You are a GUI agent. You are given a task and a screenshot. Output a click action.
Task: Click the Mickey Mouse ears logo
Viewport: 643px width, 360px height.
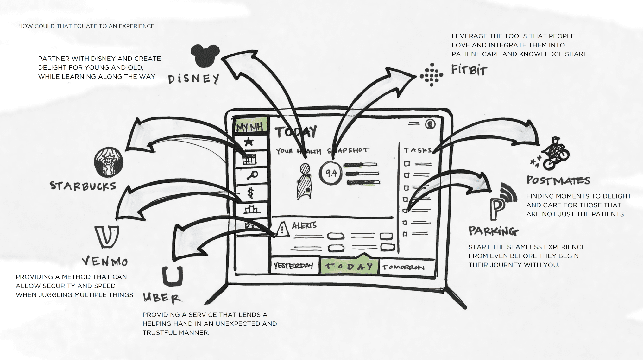205,55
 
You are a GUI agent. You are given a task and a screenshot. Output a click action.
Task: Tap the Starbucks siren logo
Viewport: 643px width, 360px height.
109,162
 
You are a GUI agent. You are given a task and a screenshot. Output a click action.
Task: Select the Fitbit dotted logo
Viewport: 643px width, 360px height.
431,75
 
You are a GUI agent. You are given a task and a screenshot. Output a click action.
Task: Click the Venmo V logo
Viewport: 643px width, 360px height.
107,236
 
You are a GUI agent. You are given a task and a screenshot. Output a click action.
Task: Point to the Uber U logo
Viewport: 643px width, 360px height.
173,276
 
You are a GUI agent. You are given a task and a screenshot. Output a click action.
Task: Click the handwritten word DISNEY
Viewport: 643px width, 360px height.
194,79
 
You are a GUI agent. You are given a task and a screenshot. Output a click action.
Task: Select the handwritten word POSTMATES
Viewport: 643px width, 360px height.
558,180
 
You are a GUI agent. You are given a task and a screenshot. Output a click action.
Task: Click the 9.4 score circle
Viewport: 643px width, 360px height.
331,173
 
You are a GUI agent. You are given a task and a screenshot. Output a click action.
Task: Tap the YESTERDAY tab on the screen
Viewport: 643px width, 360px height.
293,265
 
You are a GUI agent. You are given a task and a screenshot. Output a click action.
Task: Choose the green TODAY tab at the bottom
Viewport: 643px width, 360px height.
349,266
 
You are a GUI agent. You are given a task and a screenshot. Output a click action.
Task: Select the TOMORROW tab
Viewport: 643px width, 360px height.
403,267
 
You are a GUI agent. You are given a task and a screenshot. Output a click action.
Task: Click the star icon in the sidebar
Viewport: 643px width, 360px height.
249,142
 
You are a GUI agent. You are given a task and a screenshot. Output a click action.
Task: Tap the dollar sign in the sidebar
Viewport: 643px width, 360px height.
250,192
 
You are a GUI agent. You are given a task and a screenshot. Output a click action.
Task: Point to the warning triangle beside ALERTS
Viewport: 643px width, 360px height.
282,229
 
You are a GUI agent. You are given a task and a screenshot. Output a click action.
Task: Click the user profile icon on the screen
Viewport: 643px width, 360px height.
430,124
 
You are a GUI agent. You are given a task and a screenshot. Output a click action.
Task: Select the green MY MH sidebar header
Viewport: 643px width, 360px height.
250,127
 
